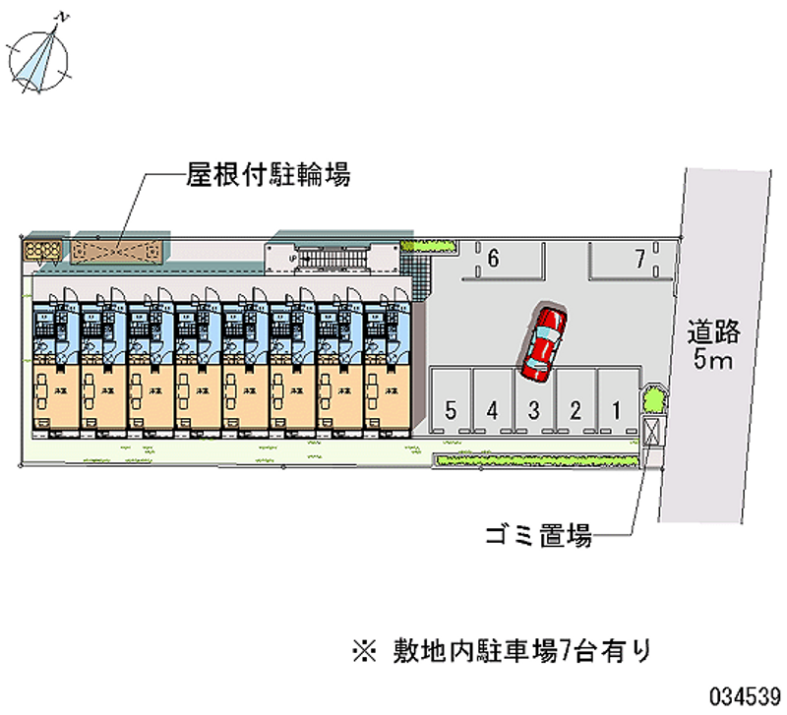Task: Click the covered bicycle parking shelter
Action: point(116,252)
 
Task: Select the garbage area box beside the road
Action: point(651,432)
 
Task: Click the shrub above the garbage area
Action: point(652,399)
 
